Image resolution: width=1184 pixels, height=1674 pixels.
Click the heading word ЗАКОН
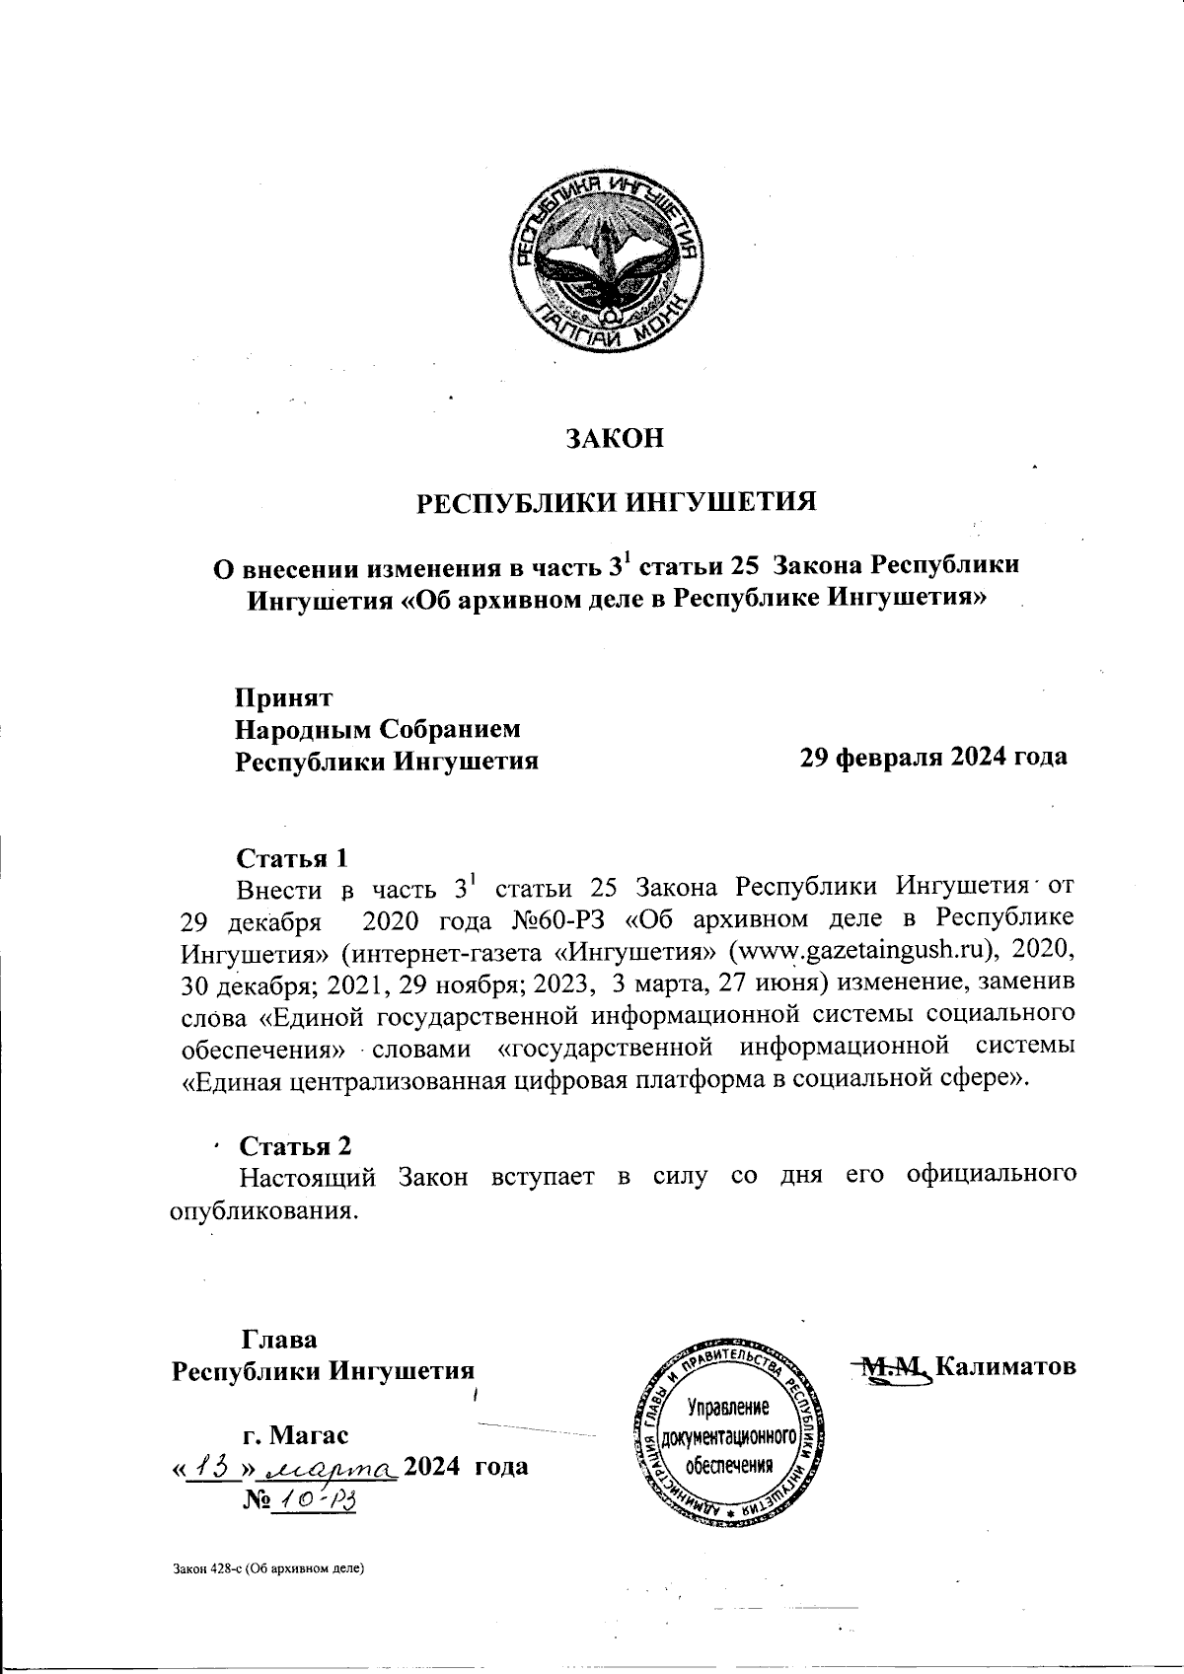click(x=614, y=437)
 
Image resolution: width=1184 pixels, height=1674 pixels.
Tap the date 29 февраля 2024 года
click(x=932, y=757)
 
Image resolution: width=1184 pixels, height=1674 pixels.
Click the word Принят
click(x=283, y=697)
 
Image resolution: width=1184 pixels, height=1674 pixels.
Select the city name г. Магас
click(x=295, y=1432)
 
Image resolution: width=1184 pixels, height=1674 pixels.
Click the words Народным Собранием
click(x=377, y=729)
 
